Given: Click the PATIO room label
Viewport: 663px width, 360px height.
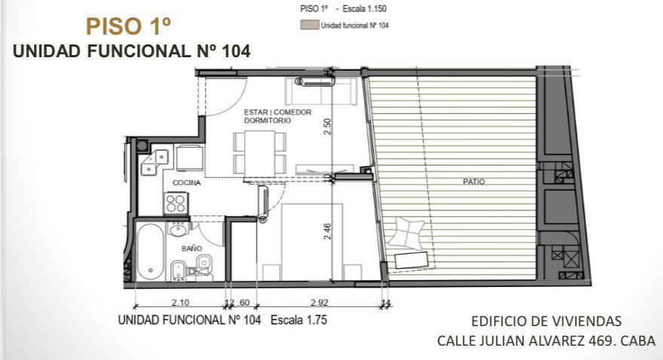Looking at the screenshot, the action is [x=474, y=182].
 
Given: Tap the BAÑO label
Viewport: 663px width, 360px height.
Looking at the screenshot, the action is [x=191, y=249].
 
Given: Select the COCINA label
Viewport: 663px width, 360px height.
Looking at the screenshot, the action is [x=187, y=183].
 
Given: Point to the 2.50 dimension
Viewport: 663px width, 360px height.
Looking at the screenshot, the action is [x=327, y=127].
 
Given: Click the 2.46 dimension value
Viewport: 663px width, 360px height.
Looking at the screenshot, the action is [x=327, y=231].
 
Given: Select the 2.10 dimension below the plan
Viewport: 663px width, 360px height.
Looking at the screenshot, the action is [x=181, y=303].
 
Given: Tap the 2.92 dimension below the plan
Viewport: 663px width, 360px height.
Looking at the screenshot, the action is [x=319, y=303].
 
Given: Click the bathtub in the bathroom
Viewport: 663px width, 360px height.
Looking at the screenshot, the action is [x=150, y=252].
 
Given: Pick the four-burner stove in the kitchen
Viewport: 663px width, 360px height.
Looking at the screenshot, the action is [x=176, y=203].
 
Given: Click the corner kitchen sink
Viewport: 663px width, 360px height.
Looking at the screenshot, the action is [x=154, y=162].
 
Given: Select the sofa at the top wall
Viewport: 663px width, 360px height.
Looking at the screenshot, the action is [x=320, y=90].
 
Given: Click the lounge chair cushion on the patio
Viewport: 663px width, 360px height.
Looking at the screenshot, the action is [x=406, y=233].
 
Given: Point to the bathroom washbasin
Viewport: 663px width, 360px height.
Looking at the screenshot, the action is [x=178, y=229].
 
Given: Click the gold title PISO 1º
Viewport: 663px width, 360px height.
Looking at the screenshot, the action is [x=129, y=26].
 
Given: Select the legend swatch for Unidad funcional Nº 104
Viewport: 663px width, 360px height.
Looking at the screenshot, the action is [x=309, y=25].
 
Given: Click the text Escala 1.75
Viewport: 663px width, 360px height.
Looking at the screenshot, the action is [x=298, y=320].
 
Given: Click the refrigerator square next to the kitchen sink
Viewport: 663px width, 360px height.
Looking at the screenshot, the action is [x=189, y=158].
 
